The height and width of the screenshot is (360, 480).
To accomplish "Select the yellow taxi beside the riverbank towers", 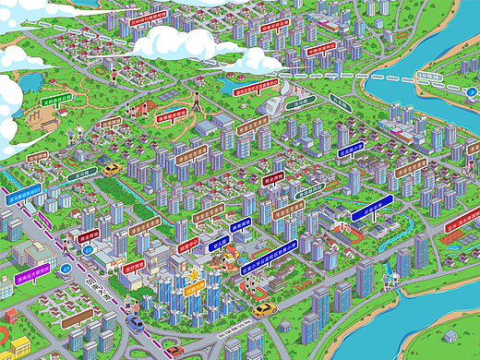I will tap(265, 310).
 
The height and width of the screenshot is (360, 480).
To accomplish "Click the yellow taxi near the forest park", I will tap(112, 170).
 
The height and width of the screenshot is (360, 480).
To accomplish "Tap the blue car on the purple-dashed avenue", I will tap(135, 323).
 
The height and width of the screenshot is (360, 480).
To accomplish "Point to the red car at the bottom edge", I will tap(174, 351).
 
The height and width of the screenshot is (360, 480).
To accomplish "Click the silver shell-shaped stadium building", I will tap(276, 103).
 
